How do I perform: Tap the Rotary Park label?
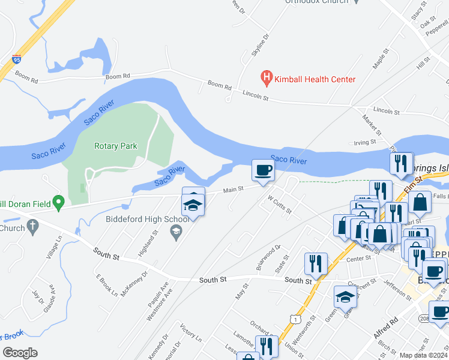click(116, 146)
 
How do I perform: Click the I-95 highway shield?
click(17, 59)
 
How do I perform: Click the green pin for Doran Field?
click(58, 203)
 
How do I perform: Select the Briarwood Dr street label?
click(268, 257)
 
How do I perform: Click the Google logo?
click(20, 353)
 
